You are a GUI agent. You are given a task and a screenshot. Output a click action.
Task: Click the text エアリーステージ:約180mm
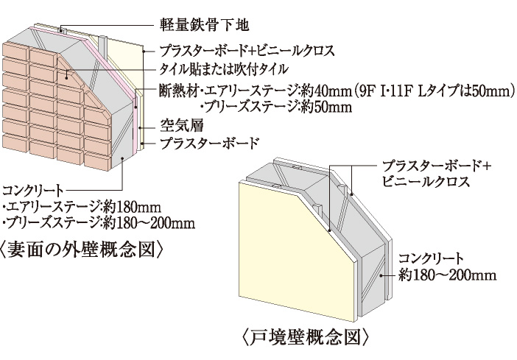pos(82,207)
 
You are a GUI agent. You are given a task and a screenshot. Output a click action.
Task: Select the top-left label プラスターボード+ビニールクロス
pos(247,52)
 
